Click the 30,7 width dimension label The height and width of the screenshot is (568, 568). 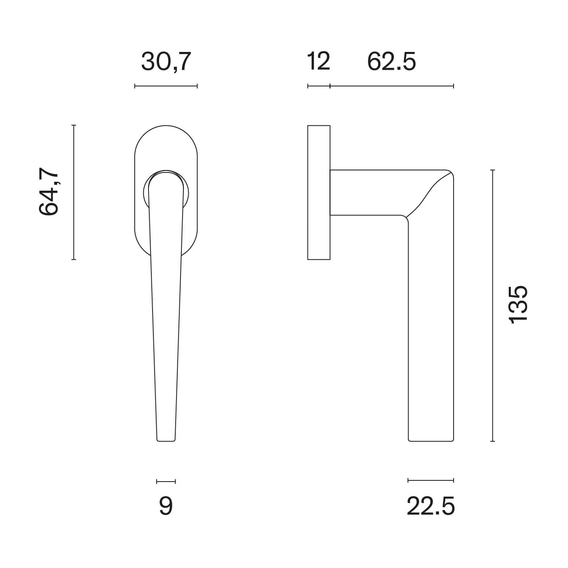[x=166, y=62]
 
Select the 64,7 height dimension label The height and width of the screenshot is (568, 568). [x=49, y=191]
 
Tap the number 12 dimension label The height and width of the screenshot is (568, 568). [x=318, y=61]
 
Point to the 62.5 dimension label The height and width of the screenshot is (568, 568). [x=392, y=62]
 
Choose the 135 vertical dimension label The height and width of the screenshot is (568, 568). [x=518, y=305]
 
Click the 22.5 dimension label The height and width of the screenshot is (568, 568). [x=430, y=506]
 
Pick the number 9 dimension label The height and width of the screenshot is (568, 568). [x=166, y=506]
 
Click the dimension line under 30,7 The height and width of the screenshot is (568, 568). [x=166, y=86]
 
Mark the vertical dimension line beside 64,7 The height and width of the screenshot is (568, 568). [x=74, y=192]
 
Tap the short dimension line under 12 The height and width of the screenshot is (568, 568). [x=318, y=86]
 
